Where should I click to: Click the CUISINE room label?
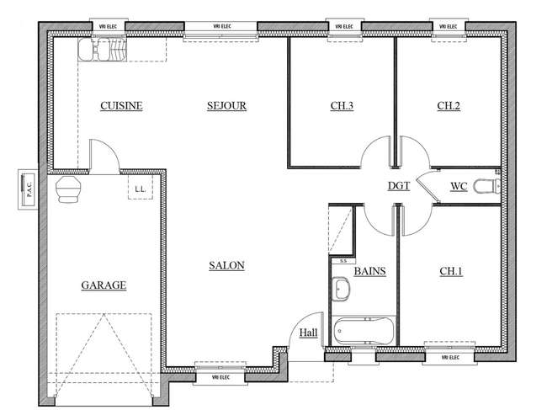tap(121, 106)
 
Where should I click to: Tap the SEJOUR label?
tap(226, 106)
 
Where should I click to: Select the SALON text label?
tap(226, 265)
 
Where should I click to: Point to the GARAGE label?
tap(104, 285)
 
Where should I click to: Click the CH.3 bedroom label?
tap(342, 106)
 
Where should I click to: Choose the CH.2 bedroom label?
tap(449, 106)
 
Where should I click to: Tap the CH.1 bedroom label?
tap(451, 271)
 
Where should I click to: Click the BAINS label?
tap(369, 271)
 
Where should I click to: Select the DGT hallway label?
tap(399, 186)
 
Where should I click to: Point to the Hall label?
tap(308, 333)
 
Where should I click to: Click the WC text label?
tap(459, 186)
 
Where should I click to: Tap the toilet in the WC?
tap(487, 186)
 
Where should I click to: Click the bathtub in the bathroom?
tap(364, 330)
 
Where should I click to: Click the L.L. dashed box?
tap(141, 187)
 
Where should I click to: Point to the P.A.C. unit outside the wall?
tap(28, 189)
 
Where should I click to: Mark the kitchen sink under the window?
tap(102, 49)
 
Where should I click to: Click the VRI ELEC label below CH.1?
tap(450, 358)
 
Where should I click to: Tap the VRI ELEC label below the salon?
tap(220, 377)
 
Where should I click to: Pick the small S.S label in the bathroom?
tap(343, 261)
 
